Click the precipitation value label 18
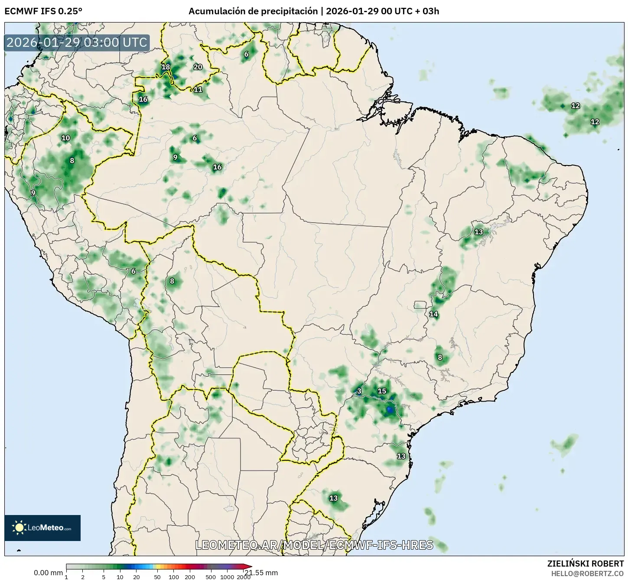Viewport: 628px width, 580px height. (166, 67)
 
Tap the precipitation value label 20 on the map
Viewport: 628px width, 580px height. (198, 67)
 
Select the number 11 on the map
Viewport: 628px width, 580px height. (198, 90)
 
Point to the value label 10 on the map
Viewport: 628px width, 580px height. (65, 138)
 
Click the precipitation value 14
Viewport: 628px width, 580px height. (433, 314)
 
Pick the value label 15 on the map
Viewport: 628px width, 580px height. (382, 391)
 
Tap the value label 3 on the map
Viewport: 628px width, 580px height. (359, 391)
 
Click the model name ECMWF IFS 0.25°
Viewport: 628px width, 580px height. (43, 11)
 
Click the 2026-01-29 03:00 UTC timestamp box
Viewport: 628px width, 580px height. (77, 43)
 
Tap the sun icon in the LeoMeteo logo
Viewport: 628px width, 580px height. (19, 528)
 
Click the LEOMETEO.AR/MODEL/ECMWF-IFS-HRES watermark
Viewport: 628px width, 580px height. (314, 545)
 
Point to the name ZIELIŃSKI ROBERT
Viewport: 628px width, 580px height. (586, 564)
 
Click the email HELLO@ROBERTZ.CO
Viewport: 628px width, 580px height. (587, 573)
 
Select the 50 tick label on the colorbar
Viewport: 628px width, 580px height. (157, 577)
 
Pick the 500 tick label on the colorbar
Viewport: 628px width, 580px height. (211, 577)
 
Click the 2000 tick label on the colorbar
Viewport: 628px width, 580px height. (244, 577)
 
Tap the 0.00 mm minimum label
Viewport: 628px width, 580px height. (48, 573)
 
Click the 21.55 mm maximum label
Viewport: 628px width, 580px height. (261, 573)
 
